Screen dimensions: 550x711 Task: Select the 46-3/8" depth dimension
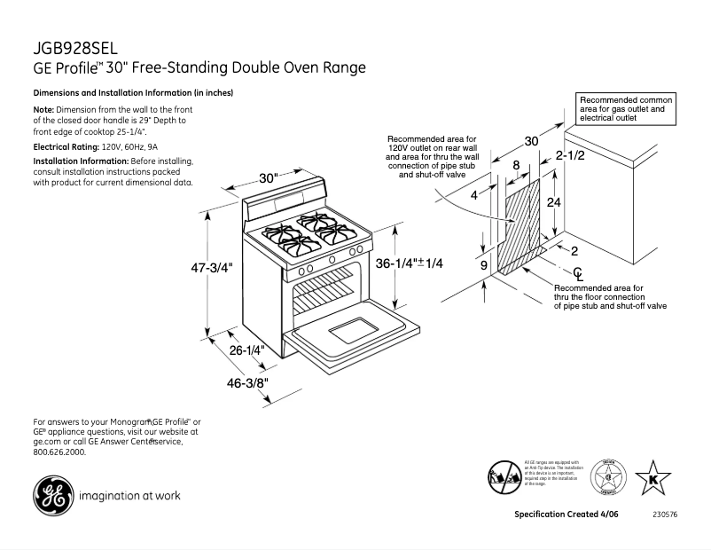coord(247,383)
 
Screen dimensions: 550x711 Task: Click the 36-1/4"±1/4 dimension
coord(409,263)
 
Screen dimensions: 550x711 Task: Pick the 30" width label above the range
coord(270,177)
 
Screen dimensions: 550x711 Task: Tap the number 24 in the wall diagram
coord(553,202)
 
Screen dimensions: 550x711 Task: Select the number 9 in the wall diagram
coord(484,265)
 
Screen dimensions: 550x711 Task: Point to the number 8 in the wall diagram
coord(515,165)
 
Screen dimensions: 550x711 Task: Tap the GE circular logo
coord(52,496)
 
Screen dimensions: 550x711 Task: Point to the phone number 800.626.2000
coord(60,452)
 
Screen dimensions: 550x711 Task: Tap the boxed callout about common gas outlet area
coord(627,108)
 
